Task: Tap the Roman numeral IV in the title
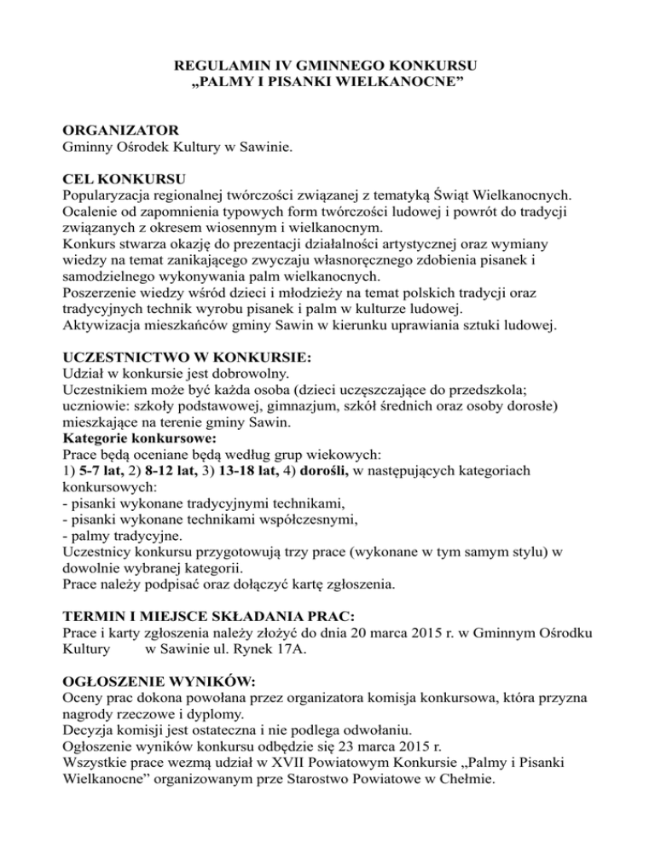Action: point(275,65)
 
